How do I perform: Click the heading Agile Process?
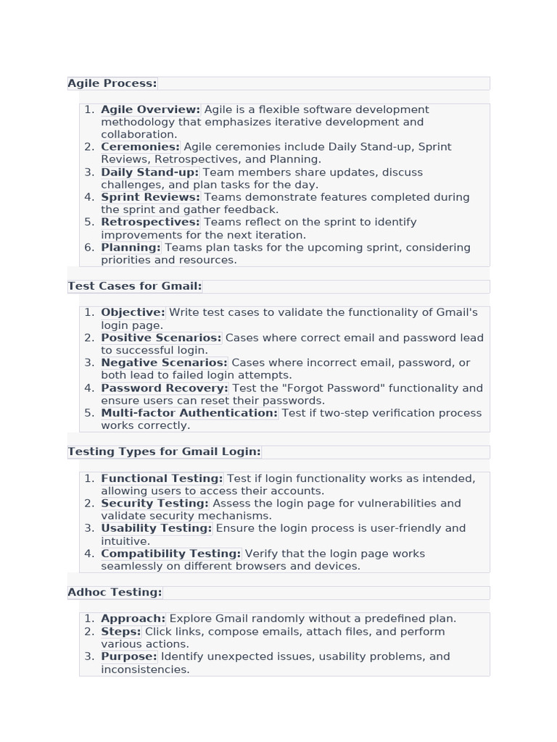tap(112, 83)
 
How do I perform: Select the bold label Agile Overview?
tap(150, 109)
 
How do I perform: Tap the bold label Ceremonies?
tap(140, 147)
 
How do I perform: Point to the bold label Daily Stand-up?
tap(149, 172)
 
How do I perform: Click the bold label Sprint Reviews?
tap(150, 197)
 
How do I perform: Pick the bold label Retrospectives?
tap(150, 222)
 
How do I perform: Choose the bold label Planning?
tap(131, 247)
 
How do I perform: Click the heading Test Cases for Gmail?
tap(135, 286)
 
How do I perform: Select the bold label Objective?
tap(133, 312)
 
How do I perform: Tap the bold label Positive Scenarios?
tap(161, 338)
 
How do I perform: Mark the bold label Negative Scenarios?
tap(164, 362)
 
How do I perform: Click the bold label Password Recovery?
tap(165, 388)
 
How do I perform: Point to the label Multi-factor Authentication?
tap(189, 413)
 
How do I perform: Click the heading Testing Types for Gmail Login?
tap(164, 451)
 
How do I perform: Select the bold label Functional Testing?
tap(162, 478)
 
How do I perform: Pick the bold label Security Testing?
tap(154, 503)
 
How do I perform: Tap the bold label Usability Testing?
tap(156, 528)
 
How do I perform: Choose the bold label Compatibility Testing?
tap(170, 554)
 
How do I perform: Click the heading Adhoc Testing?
tap(115, 592)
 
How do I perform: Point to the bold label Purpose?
tap(128, 656)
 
